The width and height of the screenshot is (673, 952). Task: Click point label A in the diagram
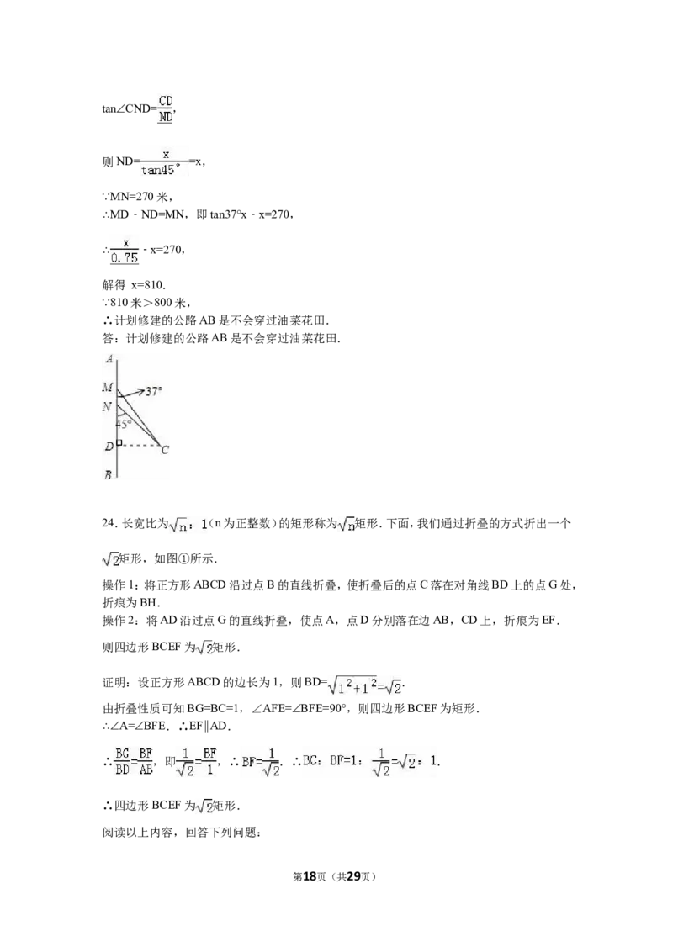click(x=109, y=359)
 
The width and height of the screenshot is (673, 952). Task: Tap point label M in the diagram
click(x=108, y=387)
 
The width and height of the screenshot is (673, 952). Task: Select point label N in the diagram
click(x=108, y=406)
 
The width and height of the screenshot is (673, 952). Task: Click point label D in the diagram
click(x=109, y=447)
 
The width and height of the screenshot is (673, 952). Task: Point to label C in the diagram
click(x=165, y=450)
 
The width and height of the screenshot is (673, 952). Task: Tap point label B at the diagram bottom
click(x=108, y=475)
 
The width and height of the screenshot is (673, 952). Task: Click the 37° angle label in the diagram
click(x=154, y=392)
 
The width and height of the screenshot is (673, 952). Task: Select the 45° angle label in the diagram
click(x=124, y=424)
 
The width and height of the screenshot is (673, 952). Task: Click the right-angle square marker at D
click(x=119, y=444)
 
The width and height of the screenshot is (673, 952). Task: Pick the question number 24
click(x=109, y=523)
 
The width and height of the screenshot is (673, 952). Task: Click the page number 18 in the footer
click(x=310, y=876)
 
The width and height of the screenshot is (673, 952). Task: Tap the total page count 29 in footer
click(x=353, y=876)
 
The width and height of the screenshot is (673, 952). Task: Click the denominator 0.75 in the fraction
click(x=125, y=258)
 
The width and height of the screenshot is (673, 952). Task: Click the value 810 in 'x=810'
click(x=154, y=285)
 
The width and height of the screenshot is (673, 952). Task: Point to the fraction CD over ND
click(x=165, y=108)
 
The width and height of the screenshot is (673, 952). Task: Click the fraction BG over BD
click(x=123, y=761)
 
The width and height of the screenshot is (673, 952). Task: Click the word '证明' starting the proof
click(x=114, y=682)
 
